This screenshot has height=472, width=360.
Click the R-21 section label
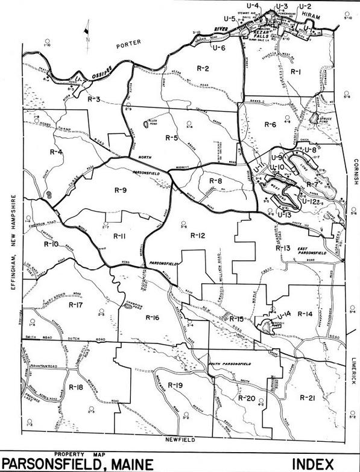click(x=307, y=395)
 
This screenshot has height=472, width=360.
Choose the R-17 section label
click(x=75, y=305)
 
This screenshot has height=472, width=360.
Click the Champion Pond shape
click(x=129, y=306)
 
